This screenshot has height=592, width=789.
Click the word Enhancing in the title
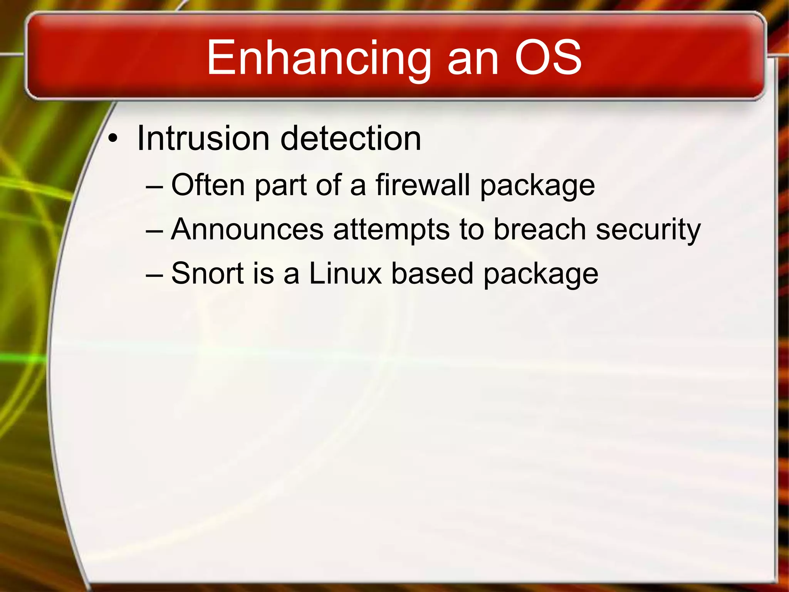click(x=318, y=59)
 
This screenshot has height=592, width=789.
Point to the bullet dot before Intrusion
click(x=112, y=140)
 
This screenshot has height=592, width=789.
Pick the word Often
click(x=208, y=185)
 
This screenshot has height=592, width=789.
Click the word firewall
click(x=423, y=185)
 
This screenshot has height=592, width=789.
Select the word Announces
click(x=247, y=230)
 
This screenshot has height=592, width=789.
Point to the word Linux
click(x=345, y=274)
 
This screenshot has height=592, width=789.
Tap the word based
click(x=432, y=274)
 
